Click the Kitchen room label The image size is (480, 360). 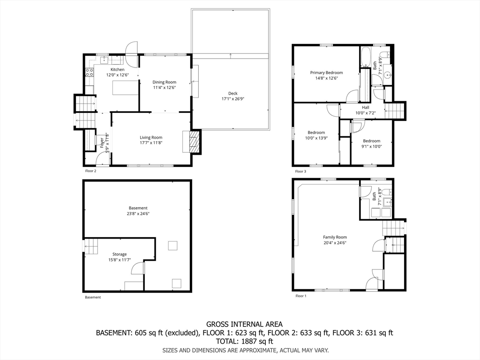point(118,69)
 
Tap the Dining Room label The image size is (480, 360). point(165,82)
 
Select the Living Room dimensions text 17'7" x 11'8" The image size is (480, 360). point(151,142)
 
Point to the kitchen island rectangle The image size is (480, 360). point(126,88)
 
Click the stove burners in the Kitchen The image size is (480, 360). point(90,72)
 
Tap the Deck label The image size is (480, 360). point(232,93)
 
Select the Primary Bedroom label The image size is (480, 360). point(326,73)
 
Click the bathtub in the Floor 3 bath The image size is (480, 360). point(365,56)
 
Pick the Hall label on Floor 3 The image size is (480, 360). point(366,107)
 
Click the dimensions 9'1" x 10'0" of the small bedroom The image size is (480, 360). point(372,146)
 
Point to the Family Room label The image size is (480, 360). point(335,237)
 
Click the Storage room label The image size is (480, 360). point(120,254)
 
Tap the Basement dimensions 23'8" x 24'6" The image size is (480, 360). point(138,214)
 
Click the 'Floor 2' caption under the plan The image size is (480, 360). point(90,171)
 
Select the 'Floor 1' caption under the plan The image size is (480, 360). point(300,296)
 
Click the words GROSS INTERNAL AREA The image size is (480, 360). point(244,324)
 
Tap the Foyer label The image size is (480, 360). point(102,142)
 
